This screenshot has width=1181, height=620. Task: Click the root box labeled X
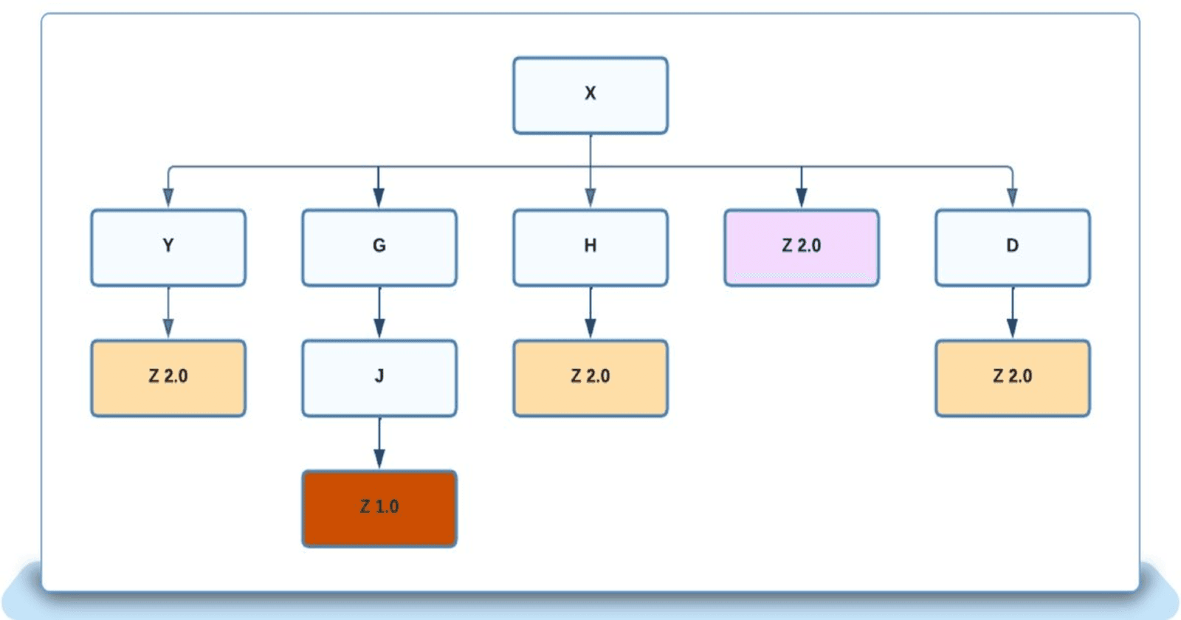pyautogui.click(x=590, y=95)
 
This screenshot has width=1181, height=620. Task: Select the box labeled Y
pyautogui.click(x=168, y=247)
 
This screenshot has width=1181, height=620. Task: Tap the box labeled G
pyautogui.click(x=379, y=247)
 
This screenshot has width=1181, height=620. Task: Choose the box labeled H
pyautogui.click(x=590, y=247)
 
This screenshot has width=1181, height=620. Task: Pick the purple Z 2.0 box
pyautogui.click(x=801, y=247)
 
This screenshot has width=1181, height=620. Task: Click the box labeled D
pyautogui.click(x=1012, y=247)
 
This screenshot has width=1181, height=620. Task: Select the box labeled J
pyautogui.click(x=379, y=378)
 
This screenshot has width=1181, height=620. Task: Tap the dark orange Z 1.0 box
pyautogui.click(x=379, y=509)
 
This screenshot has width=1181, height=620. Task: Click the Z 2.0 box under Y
pyautogui.click(x=168, y=378)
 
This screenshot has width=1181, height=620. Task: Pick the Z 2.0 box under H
pyautogui.click(x=590, y=378)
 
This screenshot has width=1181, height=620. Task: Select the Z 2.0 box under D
pyautogui.click(x=1012, y=378)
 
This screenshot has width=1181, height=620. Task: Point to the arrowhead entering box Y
pyautogui.click(x=168, y=198)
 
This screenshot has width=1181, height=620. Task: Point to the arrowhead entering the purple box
pyautogui.click(x=801, y=198)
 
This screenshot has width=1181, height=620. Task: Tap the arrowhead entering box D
pyautogui.click(x=1012, y=198)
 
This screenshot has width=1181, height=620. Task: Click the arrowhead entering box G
pyautogui.click(x=379, y=198)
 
